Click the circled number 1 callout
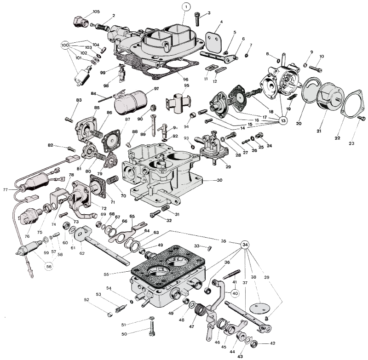click(x=186, y=7)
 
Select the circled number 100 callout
click(x=65, y=46)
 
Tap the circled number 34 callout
click(x=245, y=244)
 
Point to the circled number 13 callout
click(x=282, y=120)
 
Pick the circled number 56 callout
click(x=48, y=266)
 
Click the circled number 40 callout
click(x=235, y=292)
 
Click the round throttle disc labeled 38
click(x=254, y=309)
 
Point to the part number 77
click(x=5, y=189)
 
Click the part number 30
click(x=219, y=180)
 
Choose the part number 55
click(x=106, y=274)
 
